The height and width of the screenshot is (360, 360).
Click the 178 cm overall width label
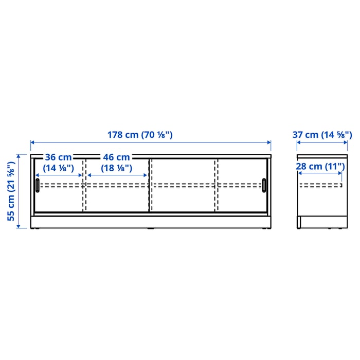(x=140, y=135)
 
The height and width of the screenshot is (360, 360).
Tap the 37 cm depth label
(x=322, y=135)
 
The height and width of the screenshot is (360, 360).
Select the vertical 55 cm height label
(x=11, y=191)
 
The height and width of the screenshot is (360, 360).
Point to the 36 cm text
(x=58, y=157)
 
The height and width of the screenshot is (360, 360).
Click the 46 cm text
(x=116, y=157)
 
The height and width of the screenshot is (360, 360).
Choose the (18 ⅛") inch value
(x=116, y=168)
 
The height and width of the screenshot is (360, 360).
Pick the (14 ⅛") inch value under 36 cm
(x=58, y=168)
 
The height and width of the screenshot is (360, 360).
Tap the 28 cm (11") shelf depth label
(x=319, y=166)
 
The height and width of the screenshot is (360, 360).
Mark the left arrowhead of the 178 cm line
(x=32, y=142)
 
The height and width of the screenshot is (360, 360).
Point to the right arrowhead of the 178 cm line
(x=269, y=142)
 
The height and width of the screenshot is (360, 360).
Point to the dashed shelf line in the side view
(x=320, y=185)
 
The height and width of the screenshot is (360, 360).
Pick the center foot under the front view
(x=150, y=229)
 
